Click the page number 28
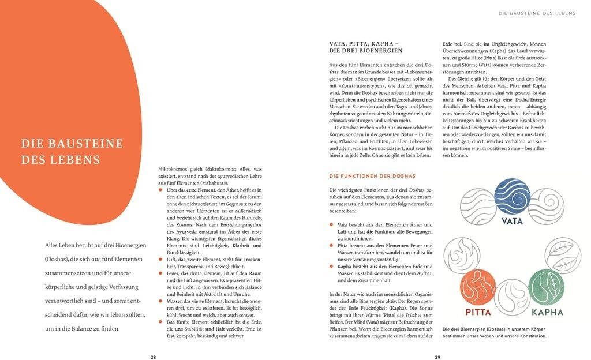154,357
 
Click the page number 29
437,357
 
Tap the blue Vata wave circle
512,196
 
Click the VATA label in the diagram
512,220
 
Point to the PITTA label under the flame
478,313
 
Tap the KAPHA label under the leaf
547,313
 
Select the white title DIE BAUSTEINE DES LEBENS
72,151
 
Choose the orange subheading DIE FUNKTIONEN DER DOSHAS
372,175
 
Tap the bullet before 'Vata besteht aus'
331,224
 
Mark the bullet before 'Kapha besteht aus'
331,267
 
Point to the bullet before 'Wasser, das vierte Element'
160,301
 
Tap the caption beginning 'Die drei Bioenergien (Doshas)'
494,333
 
